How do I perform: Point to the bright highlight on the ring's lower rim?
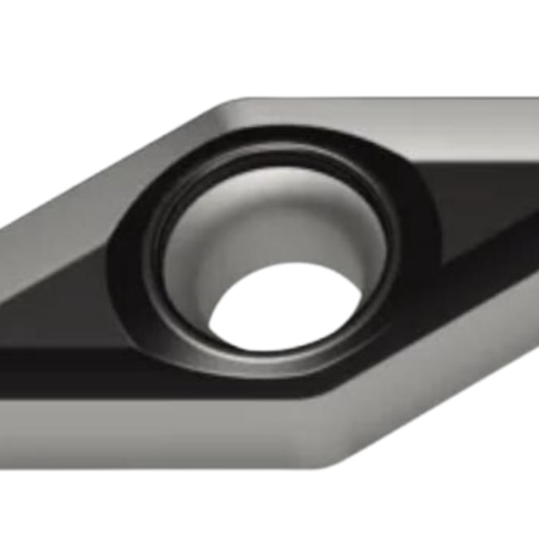click(274, 365)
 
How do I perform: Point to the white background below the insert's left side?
click(124, 506)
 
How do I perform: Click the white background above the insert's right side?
click(415, 41)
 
